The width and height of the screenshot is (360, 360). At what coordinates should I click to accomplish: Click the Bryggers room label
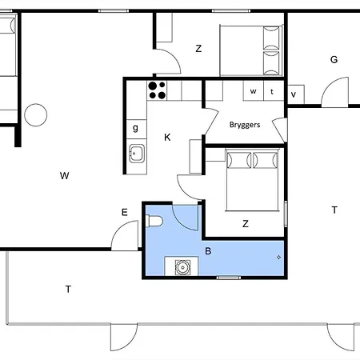tap(244, 124)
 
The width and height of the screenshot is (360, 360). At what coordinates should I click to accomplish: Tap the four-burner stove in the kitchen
tap(157, 90)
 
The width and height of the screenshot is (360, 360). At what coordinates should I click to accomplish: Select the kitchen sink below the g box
tap(136, 152)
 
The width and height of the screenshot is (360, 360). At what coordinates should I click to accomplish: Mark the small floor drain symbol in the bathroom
tap(278, 257)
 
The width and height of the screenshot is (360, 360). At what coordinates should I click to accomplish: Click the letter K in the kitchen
tap(167, 138)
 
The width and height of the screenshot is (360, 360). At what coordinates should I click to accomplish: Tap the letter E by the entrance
tap(124, 212)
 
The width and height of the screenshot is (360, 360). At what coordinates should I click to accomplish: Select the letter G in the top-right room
tap(334, 59)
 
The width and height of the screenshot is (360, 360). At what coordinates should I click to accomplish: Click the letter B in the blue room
tap(208, 251)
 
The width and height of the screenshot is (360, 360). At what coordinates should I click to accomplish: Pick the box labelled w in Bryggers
tap(254, 91)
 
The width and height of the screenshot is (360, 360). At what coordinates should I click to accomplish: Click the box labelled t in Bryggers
tap(273, 91)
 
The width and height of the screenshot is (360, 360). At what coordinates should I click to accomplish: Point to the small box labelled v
tap(294, 94)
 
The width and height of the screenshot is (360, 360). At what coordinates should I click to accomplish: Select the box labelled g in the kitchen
tap(135, 128)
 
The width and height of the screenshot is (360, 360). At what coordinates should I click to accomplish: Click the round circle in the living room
tap(36, 115)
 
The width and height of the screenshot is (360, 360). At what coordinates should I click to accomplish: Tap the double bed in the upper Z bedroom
tap(251, 50)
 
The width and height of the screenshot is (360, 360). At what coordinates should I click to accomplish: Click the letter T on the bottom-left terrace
tap(69, 290)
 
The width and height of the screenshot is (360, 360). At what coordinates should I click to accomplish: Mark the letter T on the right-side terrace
tap(334, 210)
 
